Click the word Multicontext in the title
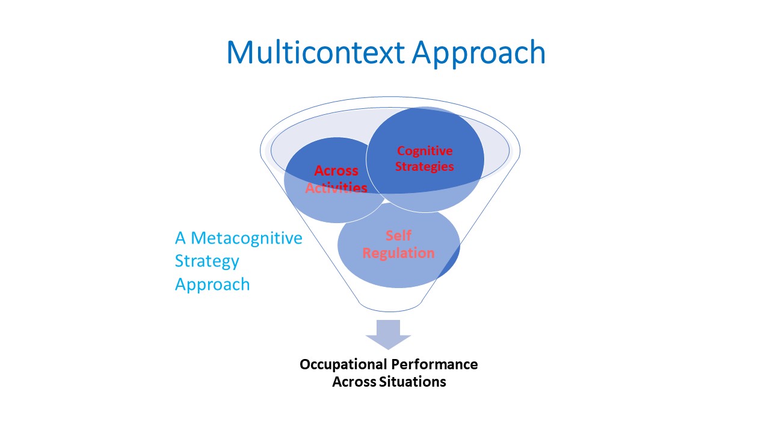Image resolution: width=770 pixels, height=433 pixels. (316, 52)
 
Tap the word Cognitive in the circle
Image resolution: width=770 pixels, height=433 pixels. (425, 150)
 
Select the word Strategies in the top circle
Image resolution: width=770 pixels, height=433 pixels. (425, 166)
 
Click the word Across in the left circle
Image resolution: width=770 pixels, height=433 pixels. (336, 171)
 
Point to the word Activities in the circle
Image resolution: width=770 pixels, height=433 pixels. (336, 188)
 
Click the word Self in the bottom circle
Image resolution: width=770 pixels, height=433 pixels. (398, 235)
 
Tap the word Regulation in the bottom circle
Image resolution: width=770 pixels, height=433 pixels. (398, 253)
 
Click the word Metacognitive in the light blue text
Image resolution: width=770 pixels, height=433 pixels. (247, 238)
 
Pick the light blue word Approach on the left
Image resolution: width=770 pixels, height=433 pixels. (212, 284)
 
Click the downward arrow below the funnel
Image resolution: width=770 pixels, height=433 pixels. (389, 334)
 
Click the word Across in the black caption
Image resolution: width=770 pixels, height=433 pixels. (354, 381)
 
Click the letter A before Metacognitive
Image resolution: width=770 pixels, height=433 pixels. (180, 238)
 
